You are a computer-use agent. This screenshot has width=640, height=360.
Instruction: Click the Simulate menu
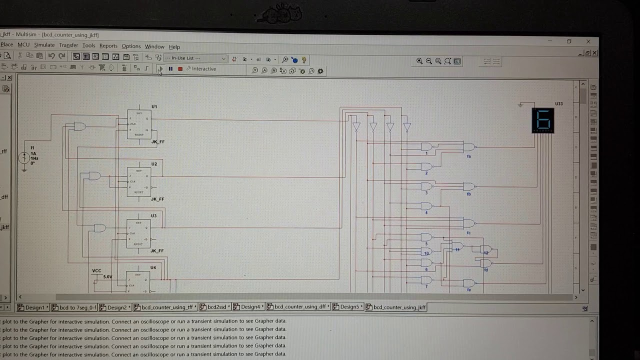coord(44,45)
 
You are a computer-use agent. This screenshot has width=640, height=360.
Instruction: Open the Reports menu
coord(108,46)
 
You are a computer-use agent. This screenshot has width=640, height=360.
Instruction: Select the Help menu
coord(174,47)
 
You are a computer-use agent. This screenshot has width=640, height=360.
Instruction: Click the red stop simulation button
coord(180,69)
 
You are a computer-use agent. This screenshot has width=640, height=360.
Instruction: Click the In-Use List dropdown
coord(195,58)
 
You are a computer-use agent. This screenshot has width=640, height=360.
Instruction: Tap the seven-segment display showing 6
coord(543,120)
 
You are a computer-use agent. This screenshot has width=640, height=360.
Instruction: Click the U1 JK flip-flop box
coord(138,124)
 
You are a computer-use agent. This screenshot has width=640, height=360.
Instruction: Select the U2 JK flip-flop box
coord(138,182)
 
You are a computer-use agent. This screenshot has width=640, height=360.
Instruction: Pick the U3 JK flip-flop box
coord(138,234)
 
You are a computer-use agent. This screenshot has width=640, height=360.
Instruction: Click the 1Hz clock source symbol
coord(24,158)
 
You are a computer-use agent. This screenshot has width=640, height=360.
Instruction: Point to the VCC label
coord(96,270)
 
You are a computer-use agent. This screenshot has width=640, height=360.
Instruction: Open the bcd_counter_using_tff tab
coord(166,307)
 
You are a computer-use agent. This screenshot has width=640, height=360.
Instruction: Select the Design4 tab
coord(250,307)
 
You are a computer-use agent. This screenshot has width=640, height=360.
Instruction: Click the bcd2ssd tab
coord(216,307)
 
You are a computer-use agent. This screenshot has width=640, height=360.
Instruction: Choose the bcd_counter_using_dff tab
coord(299,307)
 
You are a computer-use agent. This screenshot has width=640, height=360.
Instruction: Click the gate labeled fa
coord(469,147)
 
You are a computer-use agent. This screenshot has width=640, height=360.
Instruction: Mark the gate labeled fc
coord(469,223)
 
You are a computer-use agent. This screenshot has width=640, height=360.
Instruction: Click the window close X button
coord(588,41)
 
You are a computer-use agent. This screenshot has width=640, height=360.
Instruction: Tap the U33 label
coord(558,104)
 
